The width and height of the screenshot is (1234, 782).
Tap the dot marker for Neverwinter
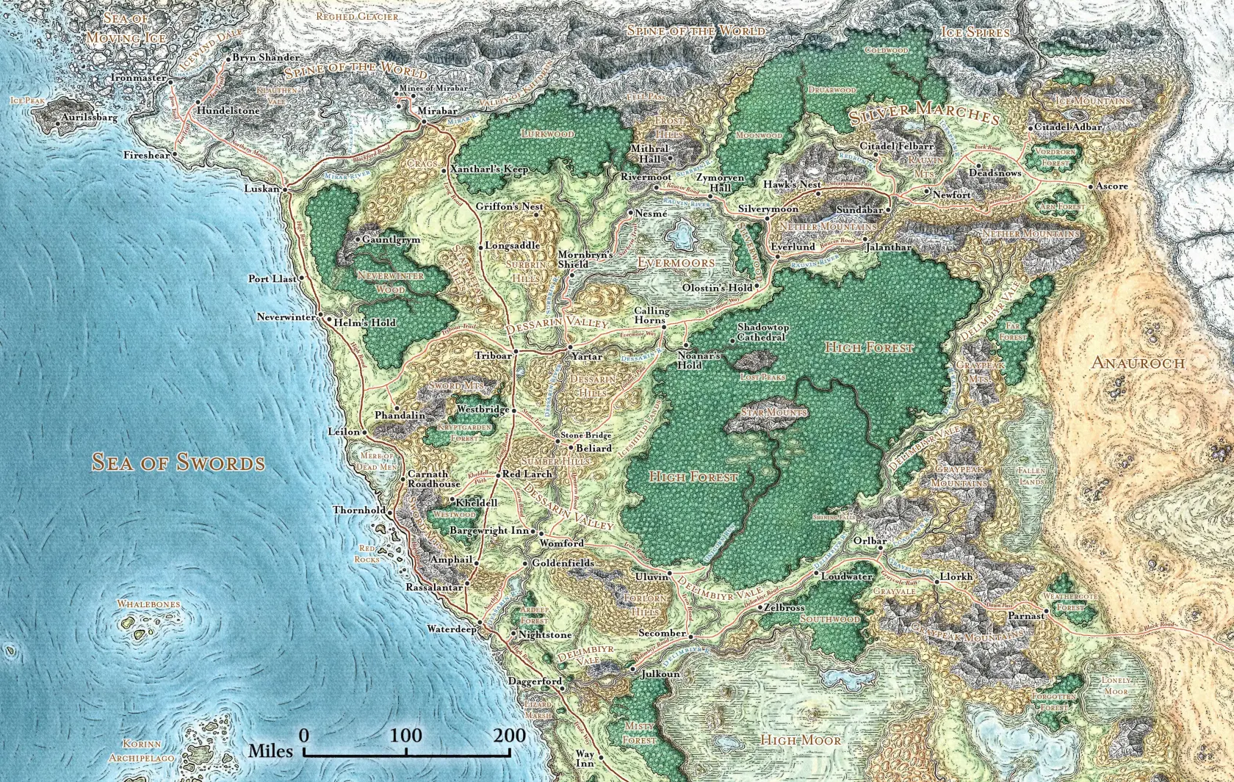(320, 317)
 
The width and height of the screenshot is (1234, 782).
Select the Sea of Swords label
(178, 462)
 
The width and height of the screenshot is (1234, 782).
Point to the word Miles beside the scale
(270, 750)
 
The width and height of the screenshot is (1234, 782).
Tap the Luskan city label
(261, 189)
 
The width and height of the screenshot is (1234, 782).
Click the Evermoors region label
(675, 262)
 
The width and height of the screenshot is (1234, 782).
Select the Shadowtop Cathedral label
(762, 332)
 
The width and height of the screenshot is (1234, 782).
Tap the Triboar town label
(493, 355)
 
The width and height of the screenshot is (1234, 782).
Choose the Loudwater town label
(846, 577)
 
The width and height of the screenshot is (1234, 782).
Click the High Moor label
(801, 739)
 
